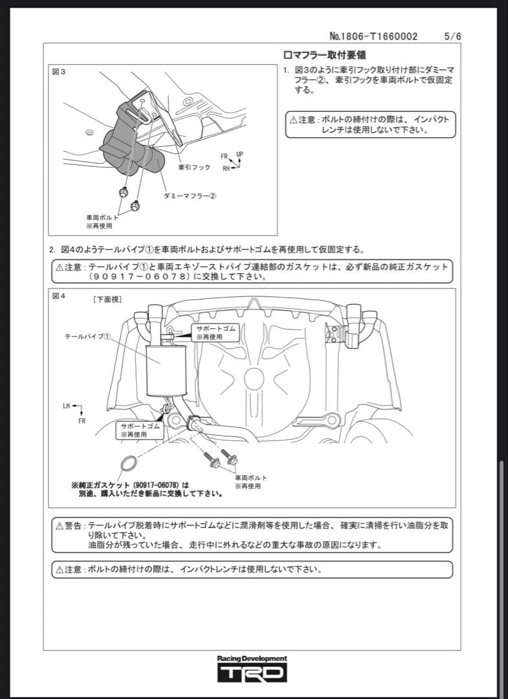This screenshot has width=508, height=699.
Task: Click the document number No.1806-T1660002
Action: [373, 36]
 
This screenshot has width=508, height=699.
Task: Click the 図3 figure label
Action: [58, 71]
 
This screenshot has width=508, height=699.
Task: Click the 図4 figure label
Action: [58, 296]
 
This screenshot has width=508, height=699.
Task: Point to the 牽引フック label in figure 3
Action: [194, 167]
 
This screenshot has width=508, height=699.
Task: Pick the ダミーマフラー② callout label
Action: [190, 195]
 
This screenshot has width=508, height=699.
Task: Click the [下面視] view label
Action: [107, 299]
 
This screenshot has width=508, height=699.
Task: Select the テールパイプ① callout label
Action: [89, 337]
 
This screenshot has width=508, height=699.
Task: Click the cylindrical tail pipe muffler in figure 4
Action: [165, 370]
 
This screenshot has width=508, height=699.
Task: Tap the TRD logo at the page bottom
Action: [252, 673]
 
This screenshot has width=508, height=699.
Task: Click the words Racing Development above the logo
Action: [252, 658]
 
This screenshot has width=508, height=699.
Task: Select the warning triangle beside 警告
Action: [60, 526]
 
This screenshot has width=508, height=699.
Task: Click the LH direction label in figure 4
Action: [67, 406]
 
